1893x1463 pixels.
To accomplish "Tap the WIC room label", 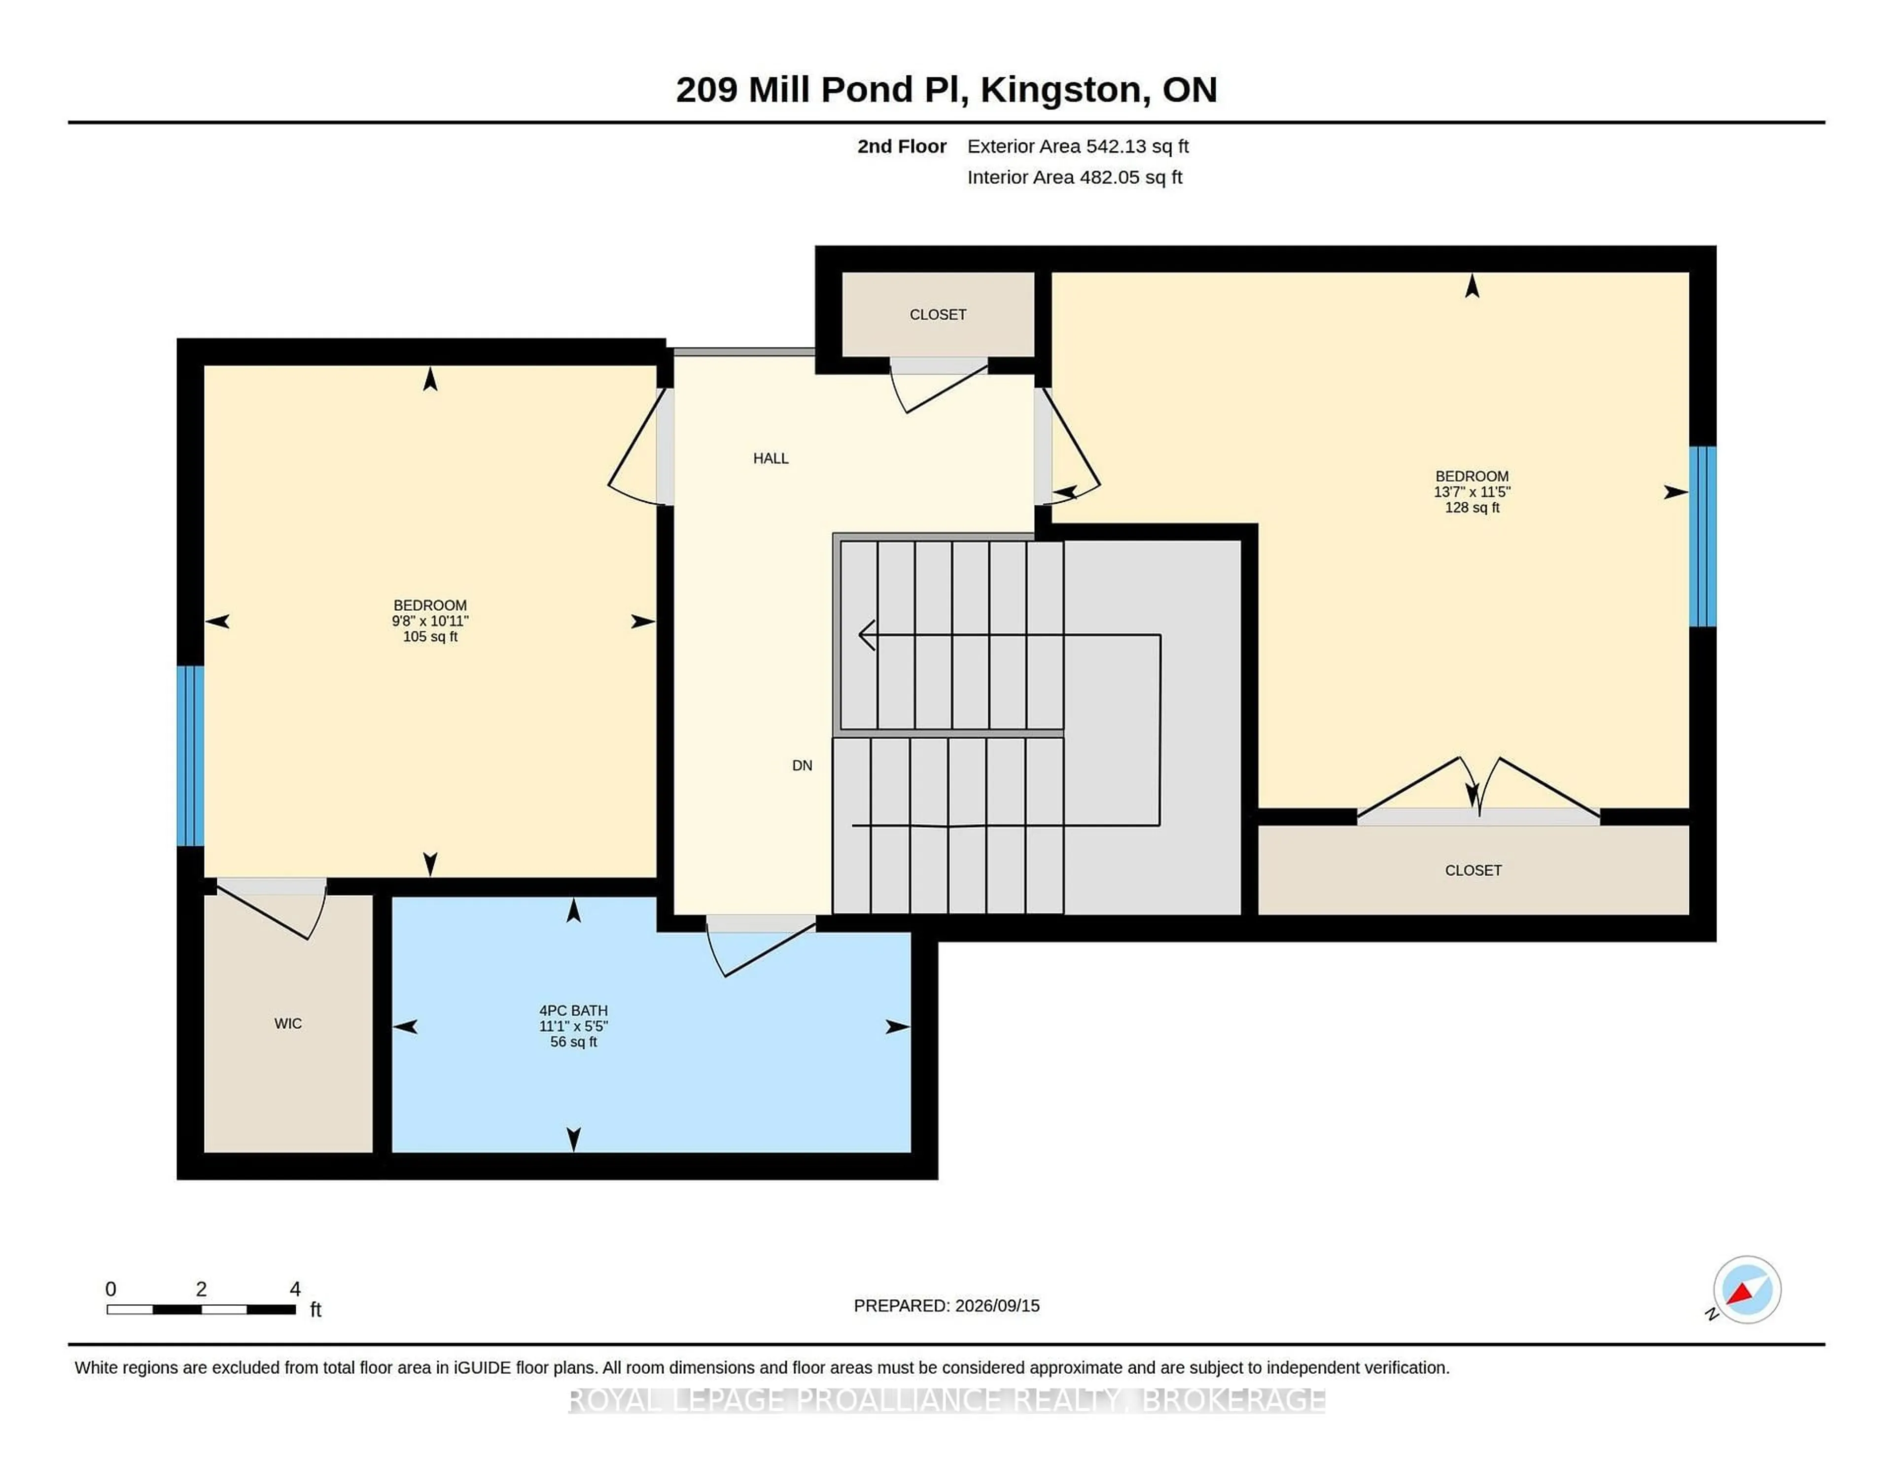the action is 288,1024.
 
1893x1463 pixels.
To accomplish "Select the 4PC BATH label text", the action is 573,1010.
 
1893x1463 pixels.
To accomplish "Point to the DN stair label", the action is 802,766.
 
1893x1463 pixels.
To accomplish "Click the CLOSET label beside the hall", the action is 938,314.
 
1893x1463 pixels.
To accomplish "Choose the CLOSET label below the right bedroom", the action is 1473,870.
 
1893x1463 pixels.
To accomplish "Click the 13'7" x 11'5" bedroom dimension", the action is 1472,491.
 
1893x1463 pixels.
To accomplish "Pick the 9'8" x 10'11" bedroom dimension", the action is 430,621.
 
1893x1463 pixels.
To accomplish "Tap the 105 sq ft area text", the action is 430,636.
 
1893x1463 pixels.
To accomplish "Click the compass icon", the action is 1747,1289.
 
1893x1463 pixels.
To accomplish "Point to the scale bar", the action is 201,1309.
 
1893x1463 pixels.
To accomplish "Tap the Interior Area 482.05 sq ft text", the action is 1075,177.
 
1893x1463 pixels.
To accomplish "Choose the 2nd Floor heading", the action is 902,146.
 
